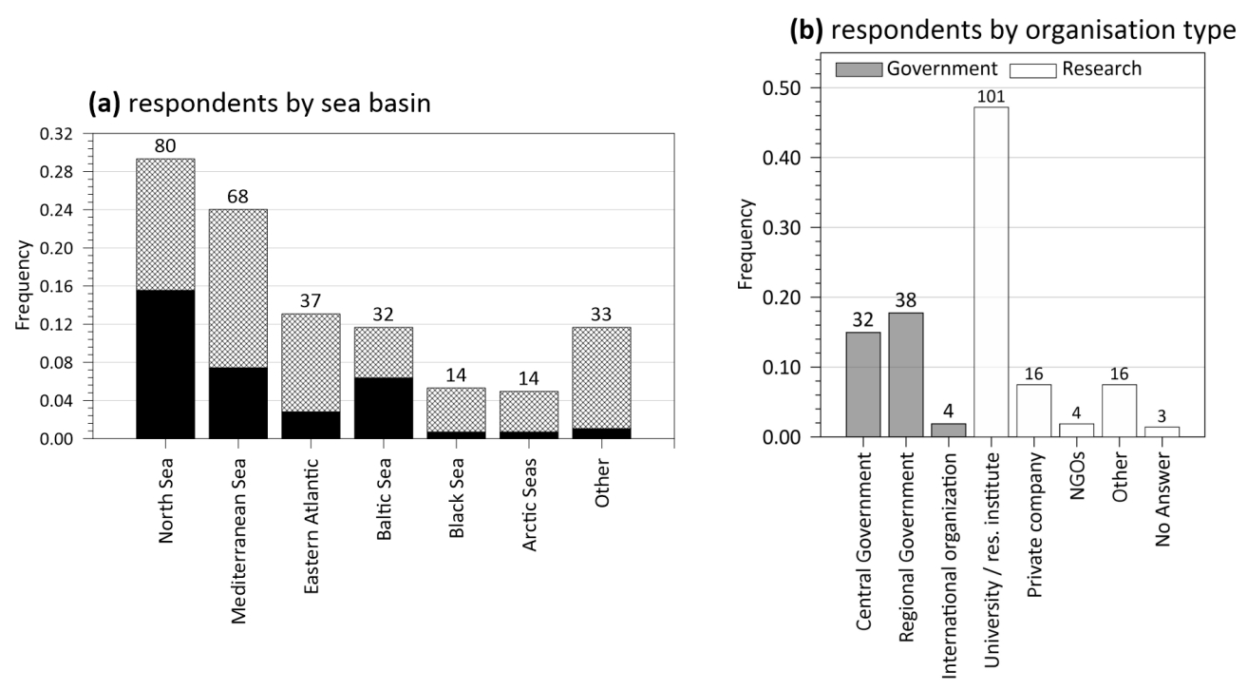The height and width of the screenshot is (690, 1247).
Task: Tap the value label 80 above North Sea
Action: (x=165, y=146)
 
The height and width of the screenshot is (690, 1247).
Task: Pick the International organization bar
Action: (x=947, y=431)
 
